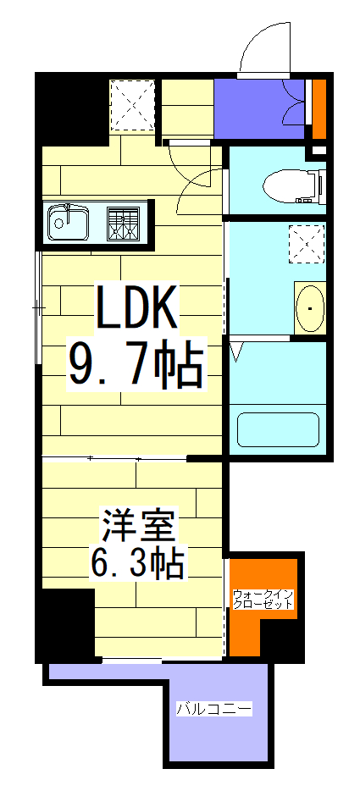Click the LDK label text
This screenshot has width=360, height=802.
136,309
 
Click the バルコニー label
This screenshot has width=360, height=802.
213,708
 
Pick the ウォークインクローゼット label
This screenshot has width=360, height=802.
263,599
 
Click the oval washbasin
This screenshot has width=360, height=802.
310,308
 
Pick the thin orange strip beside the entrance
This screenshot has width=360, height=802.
319,108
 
